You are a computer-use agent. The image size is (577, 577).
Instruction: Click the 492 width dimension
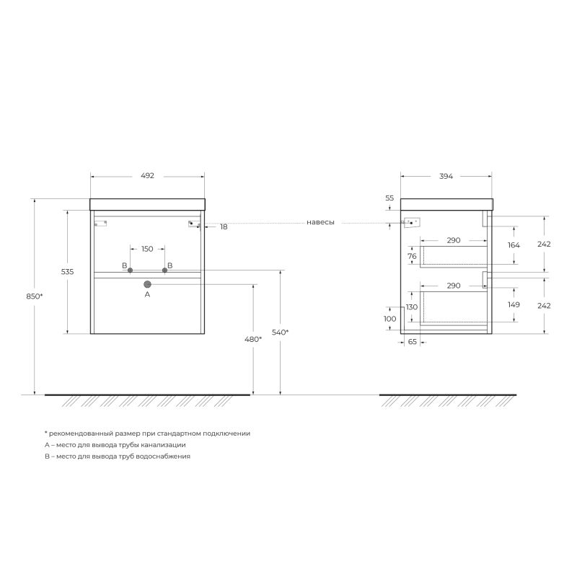(x=147, y=175)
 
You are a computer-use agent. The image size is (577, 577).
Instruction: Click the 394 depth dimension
(x=446, y=175)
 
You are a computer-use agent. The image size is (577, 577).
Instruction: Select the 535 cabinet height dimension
(x=67, y=271)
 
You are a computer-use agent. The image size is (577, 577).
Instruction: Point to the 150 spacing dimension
(x=147, y=249)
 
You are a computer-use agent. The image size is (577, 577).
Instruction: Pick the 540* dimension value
(x=281, y=332)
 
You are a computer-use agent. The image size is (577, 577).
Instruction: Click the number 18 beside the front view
(x=224, y=226)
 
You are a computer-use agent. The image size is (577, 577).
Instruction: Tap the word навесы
(x=320, y=223)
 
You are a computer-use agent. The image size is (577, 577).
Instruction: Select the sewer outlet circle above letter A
(x=147, y=284)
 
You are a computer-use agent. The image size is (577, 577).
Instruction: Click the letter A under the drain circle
(x=147, y=295)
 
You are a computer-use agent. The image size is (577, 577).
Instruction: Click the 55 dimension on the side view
(x=389, y=198)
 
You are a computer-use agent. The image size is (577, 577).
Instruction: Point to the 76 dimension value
(x=413, y=256)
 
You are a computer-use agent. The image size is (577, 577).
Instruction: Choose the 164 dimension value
(x=514, y=245)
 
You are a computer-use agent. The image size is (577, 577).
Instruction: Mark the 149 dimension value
(x=514, y=304)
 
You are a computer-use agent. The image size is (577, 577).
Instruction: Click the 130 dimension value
(x=412, y=307)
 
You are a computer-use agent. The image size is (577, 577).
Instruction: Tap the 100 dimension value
(x=390, y=318)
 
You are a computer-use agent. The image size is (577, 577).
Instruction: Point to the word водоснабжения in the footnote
(x=165, y=457)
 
